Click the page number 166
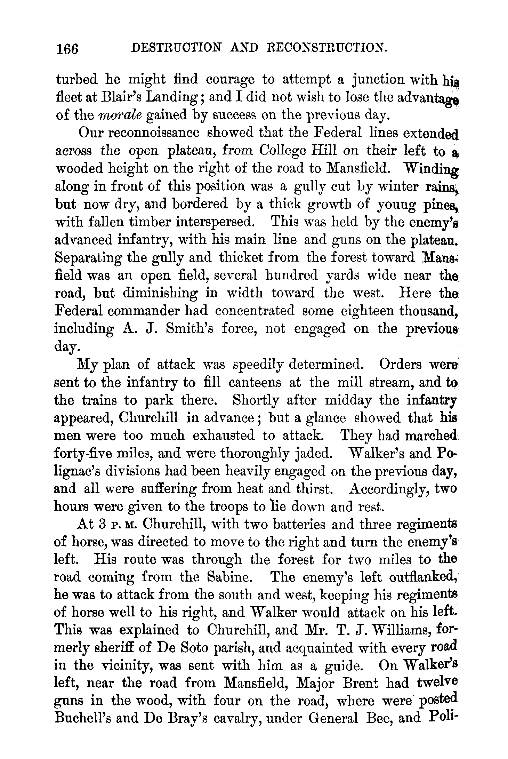(67, 48)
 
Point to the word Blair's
(120, 97)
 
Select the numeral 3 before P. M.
(102, 525)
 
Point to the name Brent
(360, 684)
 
